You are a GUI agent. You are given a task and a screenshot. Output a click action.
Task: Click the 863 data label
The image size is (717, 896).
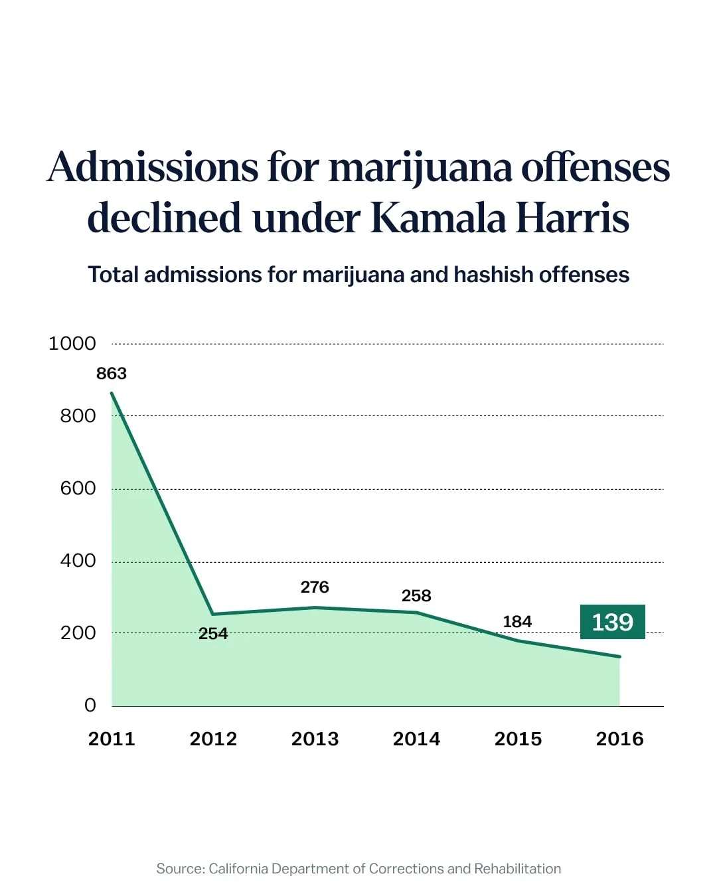click(112, 374)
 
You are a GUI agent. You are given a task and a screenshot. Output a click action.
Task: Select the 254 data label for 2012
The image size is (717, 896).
click(213, 634)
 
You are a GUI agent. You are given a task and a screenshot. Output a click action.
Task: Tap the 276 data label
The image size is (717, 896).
click(315, 587)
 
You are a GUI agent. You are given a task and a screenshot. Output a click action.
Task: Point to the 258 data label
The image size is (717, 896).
click(416, 596)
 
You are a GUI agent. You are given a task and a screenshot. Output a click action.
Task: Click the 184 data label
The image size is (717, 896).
click(517, 622)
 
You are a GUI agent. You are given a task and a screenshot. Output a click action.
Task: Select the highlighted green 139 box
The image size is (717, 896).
click(612, 622)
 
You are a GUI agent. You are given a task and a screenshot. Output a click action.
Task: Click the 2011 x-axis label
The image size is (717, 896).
click(112, 739)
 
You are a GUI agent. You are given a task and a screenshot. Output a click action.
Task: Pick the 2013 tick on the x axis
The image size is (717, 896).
click(315, 739)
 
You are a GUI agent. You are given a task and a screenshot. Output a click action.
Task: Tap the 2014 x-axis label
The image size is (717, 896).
click(416, 739)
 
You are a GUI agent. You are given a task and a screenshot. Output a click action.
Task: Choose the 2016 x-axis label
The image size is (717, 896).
click(619, 739)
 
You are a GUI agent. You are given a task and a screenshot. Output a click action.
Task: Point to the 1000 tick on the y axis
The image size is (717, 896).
click(72, 344)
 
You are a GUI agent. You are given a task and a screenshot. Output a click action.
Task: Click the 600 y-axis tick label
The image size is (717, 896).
click(78, 488)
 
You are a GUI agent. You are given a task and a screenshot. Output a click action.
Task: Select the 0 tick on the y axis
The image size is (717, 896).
click(90, 706)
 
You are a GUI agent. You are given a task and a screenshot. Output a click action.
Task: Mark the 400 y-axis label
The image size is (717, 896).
click(78, 561)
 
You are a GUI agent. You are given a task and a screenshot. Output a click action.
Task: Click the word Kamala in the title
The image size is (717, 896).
click(439, 218)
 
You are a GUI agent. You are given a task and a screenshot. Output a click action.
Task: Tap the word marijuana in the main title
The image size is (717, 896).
click(420, 167)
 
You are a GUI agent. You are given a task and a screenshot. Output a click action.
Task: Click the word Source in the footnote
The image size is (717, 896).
click(179, 869)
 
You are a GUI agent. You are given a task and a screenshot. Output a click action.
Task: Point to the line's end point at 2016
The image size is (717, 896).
click(619, 656)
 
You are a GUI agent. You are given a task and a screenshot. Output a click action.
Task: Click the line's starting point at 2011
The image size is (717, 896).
click(112, 393)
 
